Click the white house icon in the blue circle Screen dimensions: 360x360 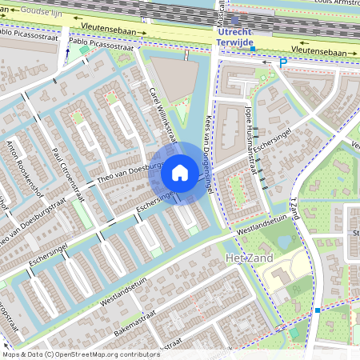[x=180, y=172]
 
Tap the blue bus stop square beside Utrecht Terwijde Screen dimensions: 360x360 [x=253, y=49]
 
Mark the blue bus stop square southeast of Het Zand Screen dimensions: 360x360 [x=318, y=310]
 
